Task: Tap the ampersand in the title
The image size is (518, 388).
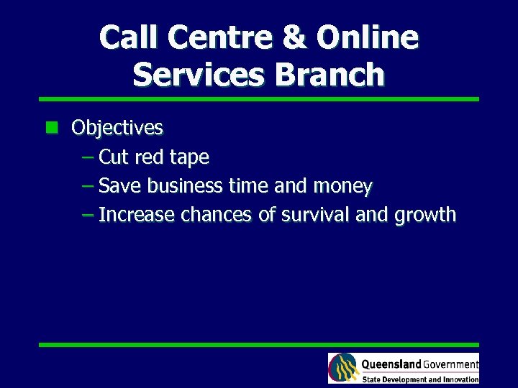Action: coord(294,37)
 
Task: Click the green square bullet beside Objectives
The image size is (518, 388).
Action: coord(51,128)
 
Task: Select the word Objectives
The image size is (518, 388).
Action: coord(117,128)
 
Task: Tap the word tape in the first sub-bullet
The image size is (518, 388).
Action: coord(189,157)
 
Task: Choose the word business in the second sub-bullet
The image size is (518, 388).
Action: coord(185,186)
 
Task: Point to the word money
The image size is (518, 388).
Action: coord(342,186)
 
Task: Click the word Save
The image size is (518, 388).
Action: coord(120,186)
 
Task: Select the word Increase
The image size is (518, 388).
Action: coord(137,215)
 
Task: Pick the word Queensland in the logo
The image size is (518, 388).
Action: coord(391,364)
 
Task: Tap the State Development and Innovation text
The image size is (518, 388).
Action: coord(420,379)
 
